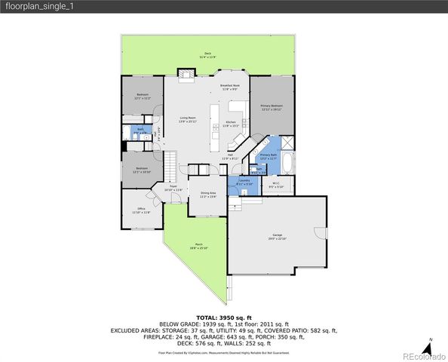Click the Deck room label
point(207,54)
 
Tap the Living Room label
point(188,119)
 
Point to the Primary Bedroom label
point(271,107)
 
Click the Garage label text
point(278,236)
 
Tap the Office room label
point(141,210)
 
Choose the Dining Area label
point(208,194)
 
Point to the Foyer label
point(173,188)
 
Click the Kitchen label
point(232,124)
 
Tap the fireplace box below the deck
point(186,73)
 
